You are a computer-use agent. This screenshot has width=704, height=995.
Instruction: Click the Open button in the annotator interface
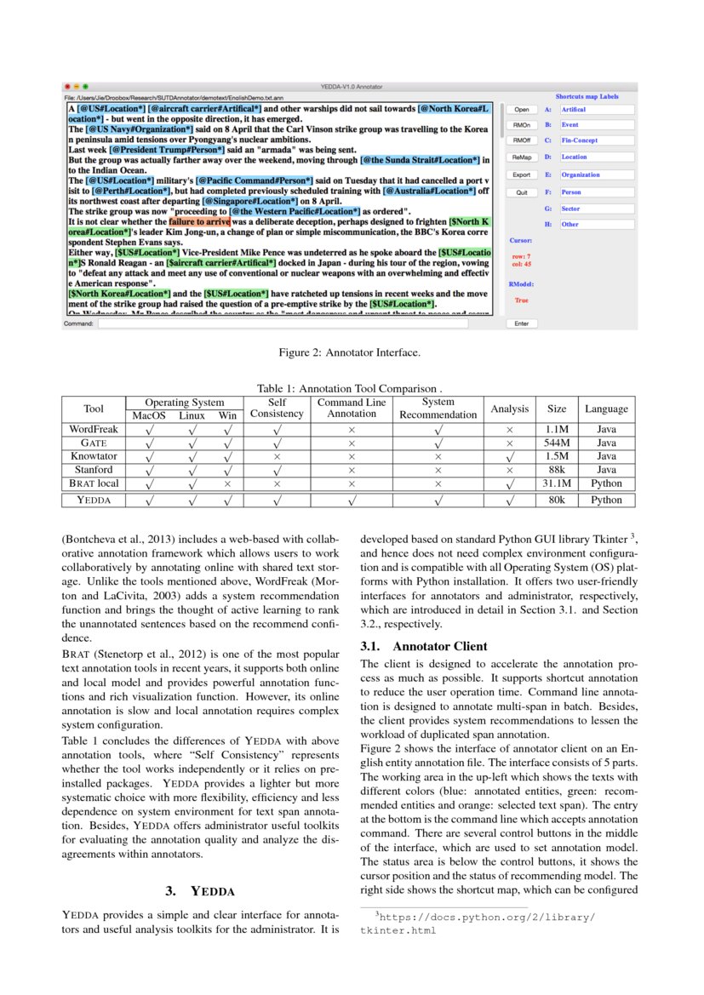[x=521, y=110]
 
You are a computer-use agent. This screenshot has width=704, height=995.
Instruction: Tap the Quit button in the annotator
[x=521, y=192]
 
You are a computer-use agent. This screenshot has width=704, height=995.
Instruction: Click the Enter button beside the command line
[x=521, y=323]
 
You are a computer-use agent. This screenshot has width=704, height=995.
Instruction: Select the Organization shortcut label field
[x=597, y=174]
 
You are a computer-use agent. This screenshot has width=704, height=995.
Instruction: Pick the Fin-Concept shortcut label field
[x=597, y=140]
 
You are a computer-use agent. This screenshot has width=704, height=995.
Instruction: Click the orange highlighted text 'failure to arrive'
[x=199, y=221]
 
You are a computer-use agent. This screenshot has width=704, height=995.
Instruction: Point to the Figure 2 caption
[x=349, y=352]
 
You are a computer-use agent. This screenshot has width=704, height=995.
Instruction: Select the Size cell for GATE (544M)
[x=557, y=443]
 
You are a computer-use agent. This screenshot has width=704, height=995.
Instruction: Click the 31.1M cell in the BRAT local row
[x=557, y=483]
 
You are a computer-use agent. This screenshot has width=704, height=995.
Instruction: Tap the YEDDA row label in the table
[x=94, y=500]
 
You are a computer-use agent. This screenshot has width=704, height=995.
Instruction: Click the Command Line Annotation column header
[x=352, y=408]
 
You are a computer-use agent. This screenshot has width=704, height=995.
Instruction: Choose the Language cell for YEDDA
[x=606, y=500]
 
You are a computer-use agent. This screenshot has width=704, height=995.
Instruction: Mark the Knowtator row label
[x=94, y=456]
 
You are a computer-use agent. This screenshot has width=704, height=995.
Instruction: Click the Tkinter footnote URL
[x=478, y=924]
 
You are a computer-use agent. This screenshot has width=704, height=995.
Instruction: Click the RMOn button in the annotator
[x=521, y=125]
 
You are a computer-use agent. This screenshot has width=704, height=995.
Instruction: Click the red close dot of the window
[x=67, y=87]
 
